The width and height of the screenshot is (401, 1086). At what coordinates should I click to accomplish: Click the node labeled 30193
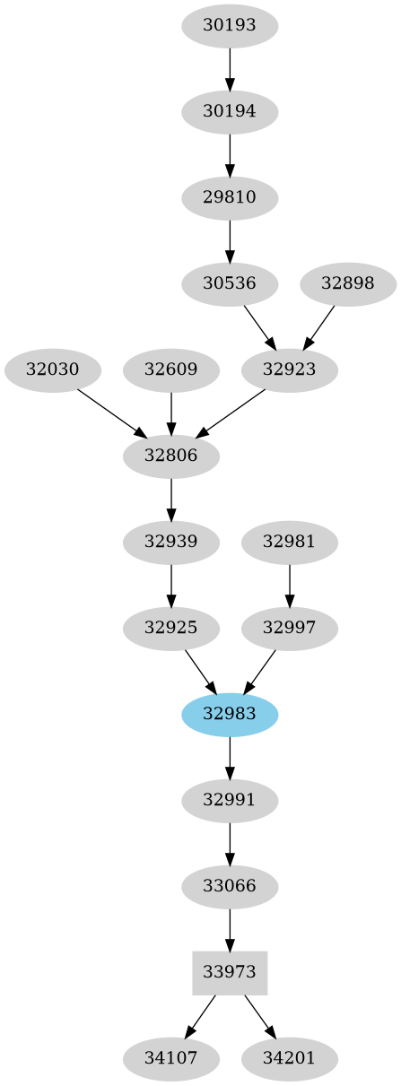click(x=230, y=26)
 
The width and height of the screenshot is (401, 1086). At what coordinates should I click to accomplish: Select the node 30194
click(x=230, y=112)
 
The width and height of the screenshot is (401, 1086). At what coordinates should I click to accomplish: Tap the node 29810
click(x=230, y=197)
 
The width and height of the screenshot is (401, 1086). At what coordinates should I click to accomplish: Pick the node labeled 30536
click(x=230, y=283)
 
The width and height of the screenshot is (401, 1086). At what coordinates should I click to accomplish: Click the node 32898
click(x=347, y=283)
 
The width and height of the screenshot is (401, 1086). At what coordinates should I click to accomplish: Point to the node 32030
click(x=53, y=369)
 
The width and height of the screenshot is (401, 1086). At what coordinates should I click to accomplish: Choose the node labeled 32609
click(x=171, y=369)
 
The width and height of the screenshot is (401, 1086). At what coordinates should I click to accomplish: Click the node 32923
click(x=290, y=369)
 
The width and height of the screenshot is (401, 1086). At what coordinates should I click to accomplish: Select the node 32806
click(x=171, y=456)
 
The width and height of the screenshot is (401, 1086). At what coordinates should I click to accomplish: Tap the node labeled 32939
click(x=171, y=542)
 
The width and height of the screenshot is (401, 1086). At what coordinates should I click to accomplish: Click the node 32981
click(x=290, y=542)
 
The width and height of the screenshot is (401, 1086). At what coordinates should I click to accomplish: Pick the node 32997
click(x=290, y=628)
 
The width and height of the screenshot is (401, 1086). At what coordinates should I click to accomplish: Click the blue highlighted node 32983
click(x=230, y=714)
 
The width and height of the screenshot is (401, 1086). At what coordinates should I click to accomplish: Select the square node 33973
click(x=230, y=972)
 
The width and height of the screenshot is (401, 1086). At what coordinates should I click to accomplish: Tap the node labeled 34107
click(x=171, y=1058)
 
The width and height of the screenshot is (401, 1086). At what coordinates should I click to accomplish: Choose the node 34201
click(x=290, y=1058)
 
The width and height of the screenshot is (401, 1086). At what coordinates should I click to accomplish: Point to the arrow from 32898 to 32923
click(x=319, y=326)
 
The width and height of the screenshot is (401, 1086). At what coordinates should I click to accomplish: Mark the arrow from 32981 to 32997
click(x=290, y=585)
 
